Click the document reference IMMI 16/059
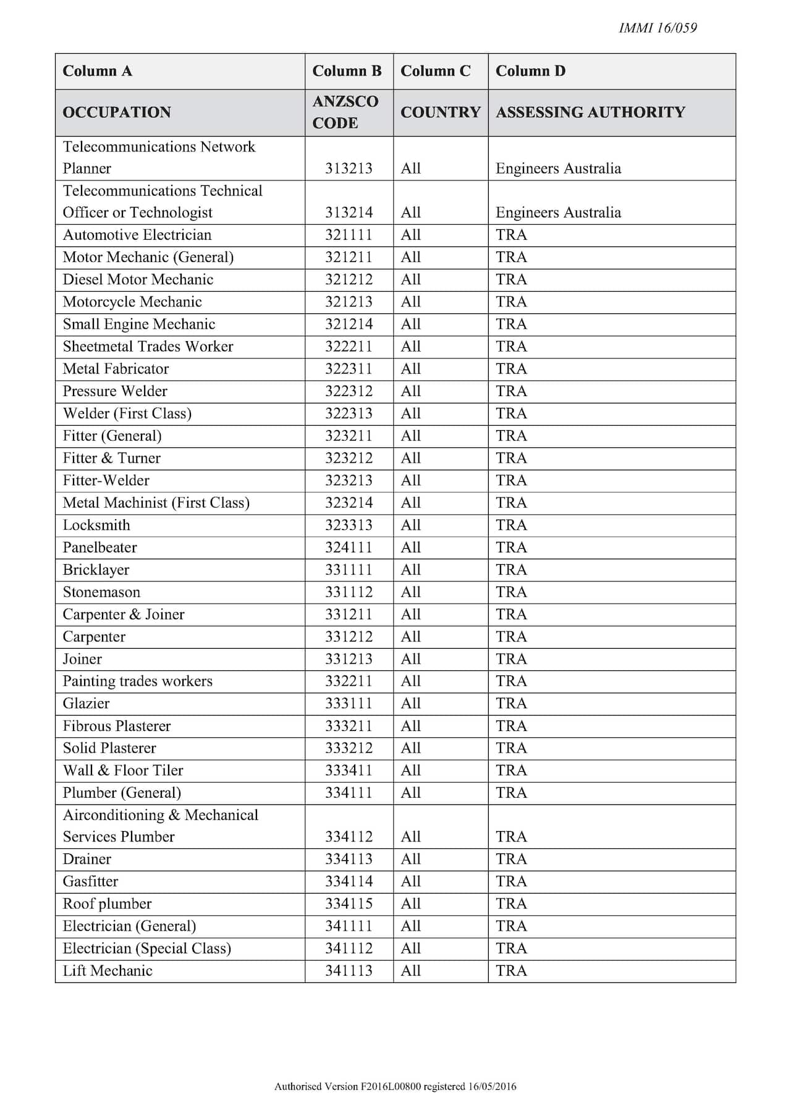click(x=658, y=28)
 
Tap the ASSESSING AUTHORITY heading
click(x=590, y=112)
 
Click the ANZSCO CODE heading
click(x=345, y=112)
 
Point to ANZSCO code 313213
click(x=349, y=169)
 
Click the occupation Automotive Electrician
click(x=137, y=235)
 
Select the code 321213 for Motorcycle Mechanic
click(x=349, y=302)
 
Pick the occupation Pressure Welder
click(x=115, y=391)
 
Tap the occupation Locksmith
click(x=96, y=525)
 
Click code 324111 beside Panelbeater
click(x=349, y=547)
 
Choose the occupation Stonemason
click(x=101, y=592)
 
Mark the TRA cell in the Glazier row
click(x=511, y=704)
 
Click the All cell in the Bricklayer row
click(x=410, y=570)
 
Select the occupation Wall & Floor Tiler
click(x=123, y=771)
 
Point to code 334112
click(x=349, y=837)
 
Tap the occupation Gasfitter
click(x=90, y=882)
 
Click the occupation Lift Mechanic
click(x=108, y=971)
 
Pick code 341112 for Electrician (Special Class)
click(x=349, y=948)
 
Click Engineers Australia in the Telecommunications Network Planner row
click(x=558, y=169)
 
